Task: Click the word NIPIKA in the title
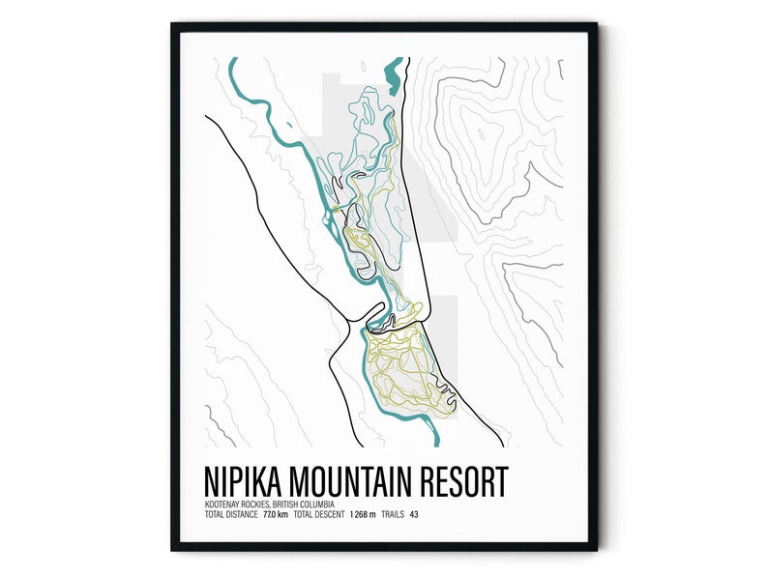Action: click(x=249, y=480)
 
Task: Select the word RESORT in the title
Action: click(x=468, y=480)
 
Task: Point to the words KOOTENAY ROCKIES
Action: click(x=237, y=504)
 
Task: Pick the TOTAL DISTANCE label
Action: click(x=231, y=514)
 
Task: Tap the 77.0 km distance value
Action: click(x=278, y=514)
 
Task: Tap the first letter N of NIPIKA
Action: click(x=213, y=480)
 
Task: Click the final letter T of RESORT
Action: click(x=500, y=480)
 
